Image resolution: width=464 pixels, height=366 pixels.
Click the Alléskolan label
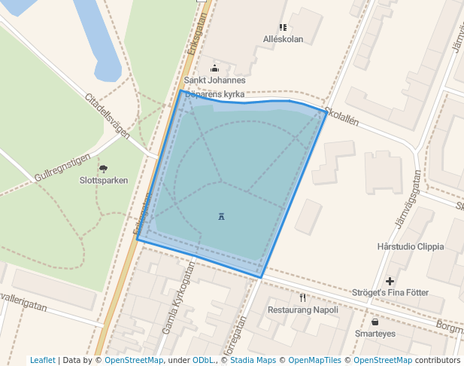[x=283, y=39]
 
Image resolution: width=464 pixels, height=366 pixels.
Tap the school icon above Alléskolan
[x=283, y=28]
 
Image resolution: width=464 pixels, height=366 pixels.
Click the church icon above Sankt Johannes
[x=214, y=69]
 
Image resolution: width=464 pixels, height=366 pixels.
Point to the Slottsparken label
[x=104, y=181]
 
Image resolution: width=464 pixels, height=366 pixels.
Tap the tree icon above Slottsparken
[x=103, y=169]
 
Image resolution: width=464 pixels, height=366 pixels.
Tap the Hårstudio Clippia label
[x=411, y=246]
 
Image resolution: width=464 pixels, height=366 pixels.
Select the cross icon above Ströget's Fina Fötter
[x=390, y=281]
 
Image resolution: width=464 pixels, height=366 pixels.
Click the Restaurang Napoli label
[x=303, y=310]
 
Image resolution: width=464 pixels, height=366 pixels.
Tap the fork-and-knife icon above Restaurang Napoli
[x=302, y=297]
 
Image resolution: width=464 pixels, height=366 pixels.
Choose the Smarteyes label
[x=375, y=333]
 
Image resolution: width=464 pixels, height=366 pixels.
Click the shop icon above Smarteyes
[x=375, y=322]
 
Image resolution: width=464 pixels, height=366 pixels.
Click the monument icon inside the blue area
[x=221, y=217]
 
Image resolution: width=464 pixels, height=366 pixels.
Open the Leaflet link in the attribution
[x=42, y=360]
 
